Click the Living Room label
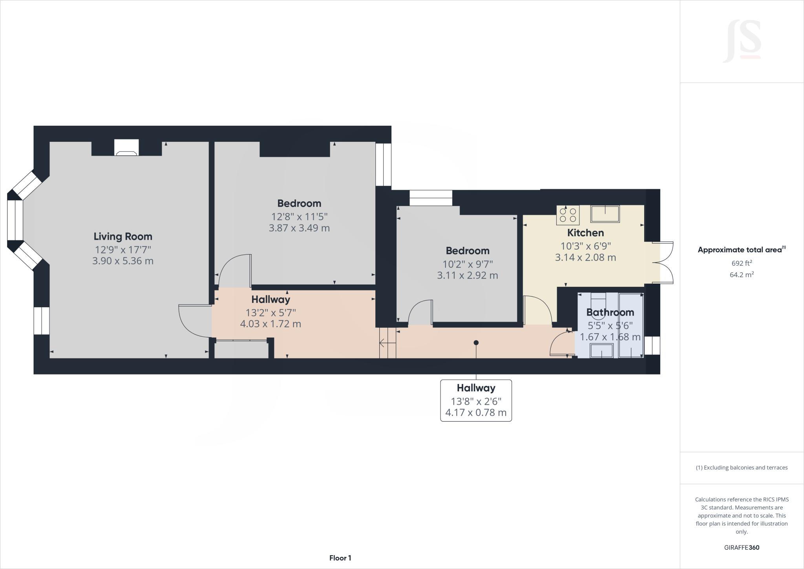[122, 236]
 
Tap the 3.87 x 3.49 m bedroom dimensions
[299, 228]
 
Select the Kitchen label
[585, 233]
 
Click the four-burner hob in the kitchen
[568, 215]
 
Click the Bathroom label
[610, 312]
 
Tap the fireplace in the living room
[126, 148]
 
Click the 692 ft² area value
[742, 263]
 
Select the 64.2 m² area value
[742, 275]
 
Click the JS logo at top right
[742, 42]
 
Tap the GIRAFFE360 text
[742, 547]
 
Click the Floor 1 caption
[340, 558]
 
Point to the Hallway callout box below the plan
[476, 400]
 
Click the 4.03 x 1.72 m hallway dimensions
[270, 324]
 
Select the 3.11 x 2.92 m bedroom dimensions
[467, 275]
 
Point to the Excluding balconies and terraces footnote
[742, 468]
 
